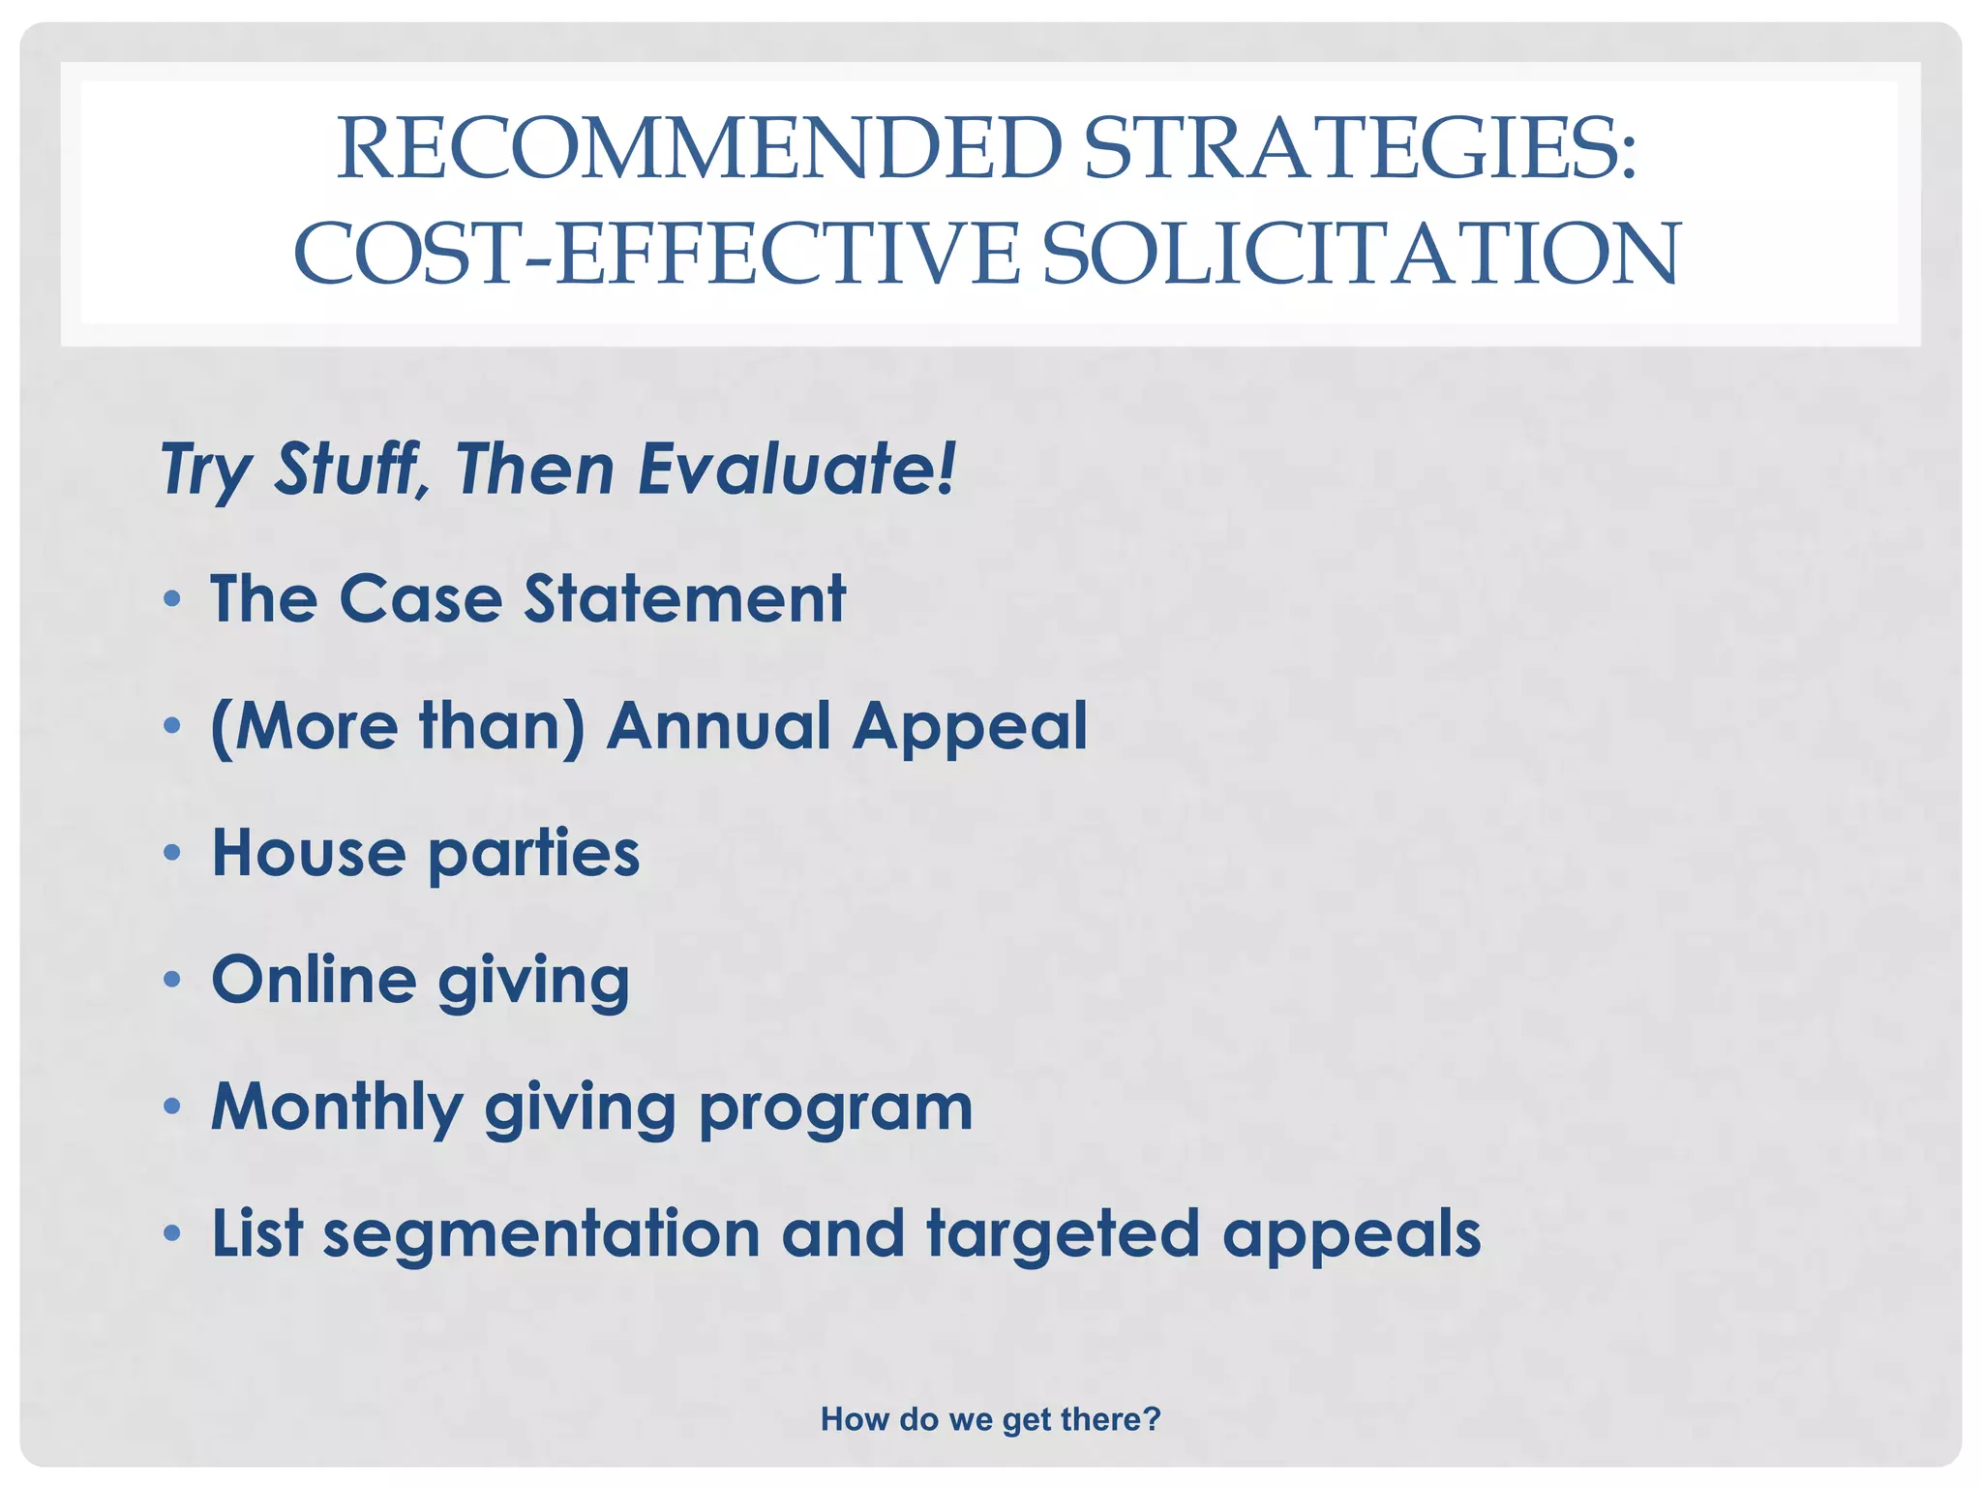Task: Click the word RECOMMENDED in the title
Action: [699, 149]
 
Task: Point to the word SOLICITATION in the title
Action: [1361, 254]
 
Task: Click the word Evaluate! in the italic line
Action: [796, 470]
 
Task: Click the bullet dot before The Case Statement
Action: [172, 599]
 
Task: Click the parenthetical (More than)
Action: [398, 726]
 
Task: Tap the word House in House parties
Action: [308, 853]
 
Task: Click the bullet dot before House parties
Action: [172, 853]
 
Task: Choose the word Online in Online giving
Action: [314, 980]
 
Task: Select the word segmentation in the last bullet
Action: [542, 1234]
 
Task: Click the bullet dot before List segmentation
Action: [172, 1233]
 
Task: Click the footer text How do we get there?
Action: [990, 1419]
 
